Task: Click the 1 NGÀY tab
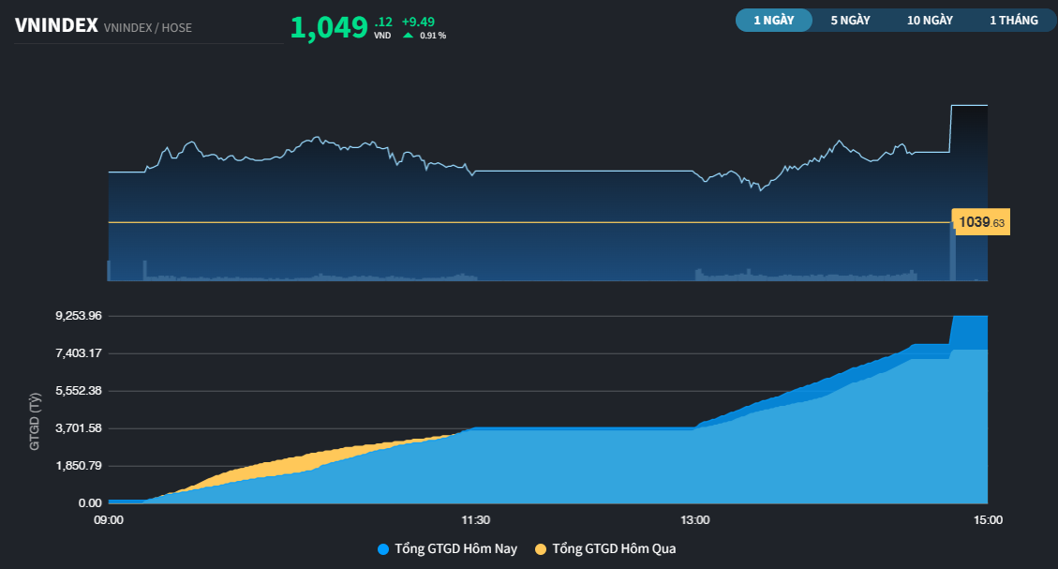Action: (x=773, y=20)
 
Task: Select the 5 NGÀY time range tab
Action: (x=850, y=20)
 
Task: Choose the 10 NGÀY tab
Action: (x=930, y=20)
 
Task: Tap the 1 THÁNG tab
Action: (x=1014, y=20)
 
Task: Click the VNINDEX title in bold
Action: (x=56, y=26)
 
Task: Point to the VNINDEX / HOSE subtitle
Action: (x=148, y=28)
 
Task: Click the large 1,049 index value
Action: (x=329, y=28)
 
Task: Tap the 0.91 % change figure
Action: (x=433, y=36)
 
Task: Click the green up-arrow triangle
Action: (x=408, y=36)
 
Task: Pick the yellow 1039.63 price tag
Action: (x=981, y=222)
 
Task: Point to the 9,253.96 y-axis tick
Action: (x=79, y=316)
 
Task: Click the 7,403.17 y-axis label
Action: (x=79, y=353)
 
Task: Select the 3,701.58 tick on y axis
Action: (x=79, y=428)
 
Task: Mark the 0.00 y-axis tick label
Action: (x=90, y=503)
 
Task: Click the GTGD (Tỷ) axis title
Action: (x=35, y=423)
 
